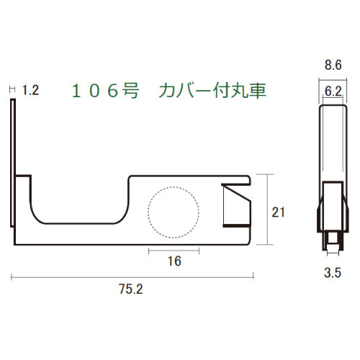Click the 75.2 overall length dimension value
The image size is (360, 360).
131,289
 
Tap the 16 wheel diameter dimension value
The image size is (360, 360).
174,261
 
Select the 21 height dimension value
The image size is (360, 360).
278,212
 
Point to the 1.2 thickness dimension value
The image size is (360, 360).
30,91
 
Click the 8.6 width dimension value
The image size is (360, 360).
333,65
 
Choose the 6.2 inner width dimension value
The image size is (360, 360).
333,91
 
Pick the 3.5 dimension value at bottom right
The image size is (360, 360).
333,273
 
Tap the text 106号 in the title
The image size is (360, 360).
105,91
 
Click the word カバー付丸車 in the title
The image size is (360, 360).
212,91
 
